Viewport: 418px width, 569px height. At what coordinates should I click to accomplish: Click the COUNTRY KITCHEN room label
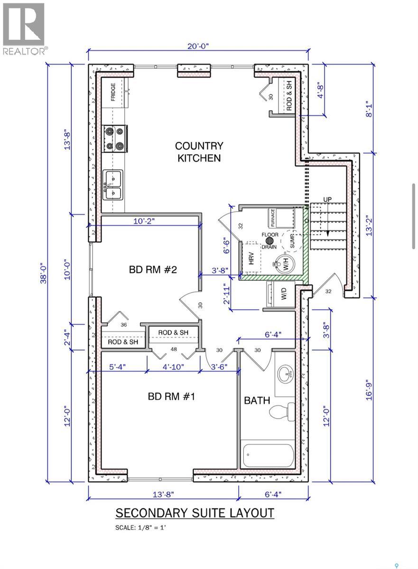(199, 152)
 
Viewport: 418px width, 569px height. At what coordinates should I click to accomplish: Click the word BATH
(257, 400)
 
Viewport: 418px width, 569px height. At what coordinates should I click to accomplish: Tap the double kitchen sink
(113, 185)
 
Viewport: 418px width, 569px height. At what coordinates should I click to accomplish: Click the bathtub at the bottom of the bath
(269, 454)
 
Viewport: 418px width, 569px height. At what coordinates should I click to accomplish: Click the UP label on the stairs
(327, 199)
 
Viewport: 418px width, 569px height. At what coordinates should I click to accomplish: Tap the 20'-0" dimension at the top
(198, 46)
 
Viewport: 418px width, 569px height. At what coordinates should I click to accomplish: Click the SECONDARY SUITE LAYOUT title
(195, 513)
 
